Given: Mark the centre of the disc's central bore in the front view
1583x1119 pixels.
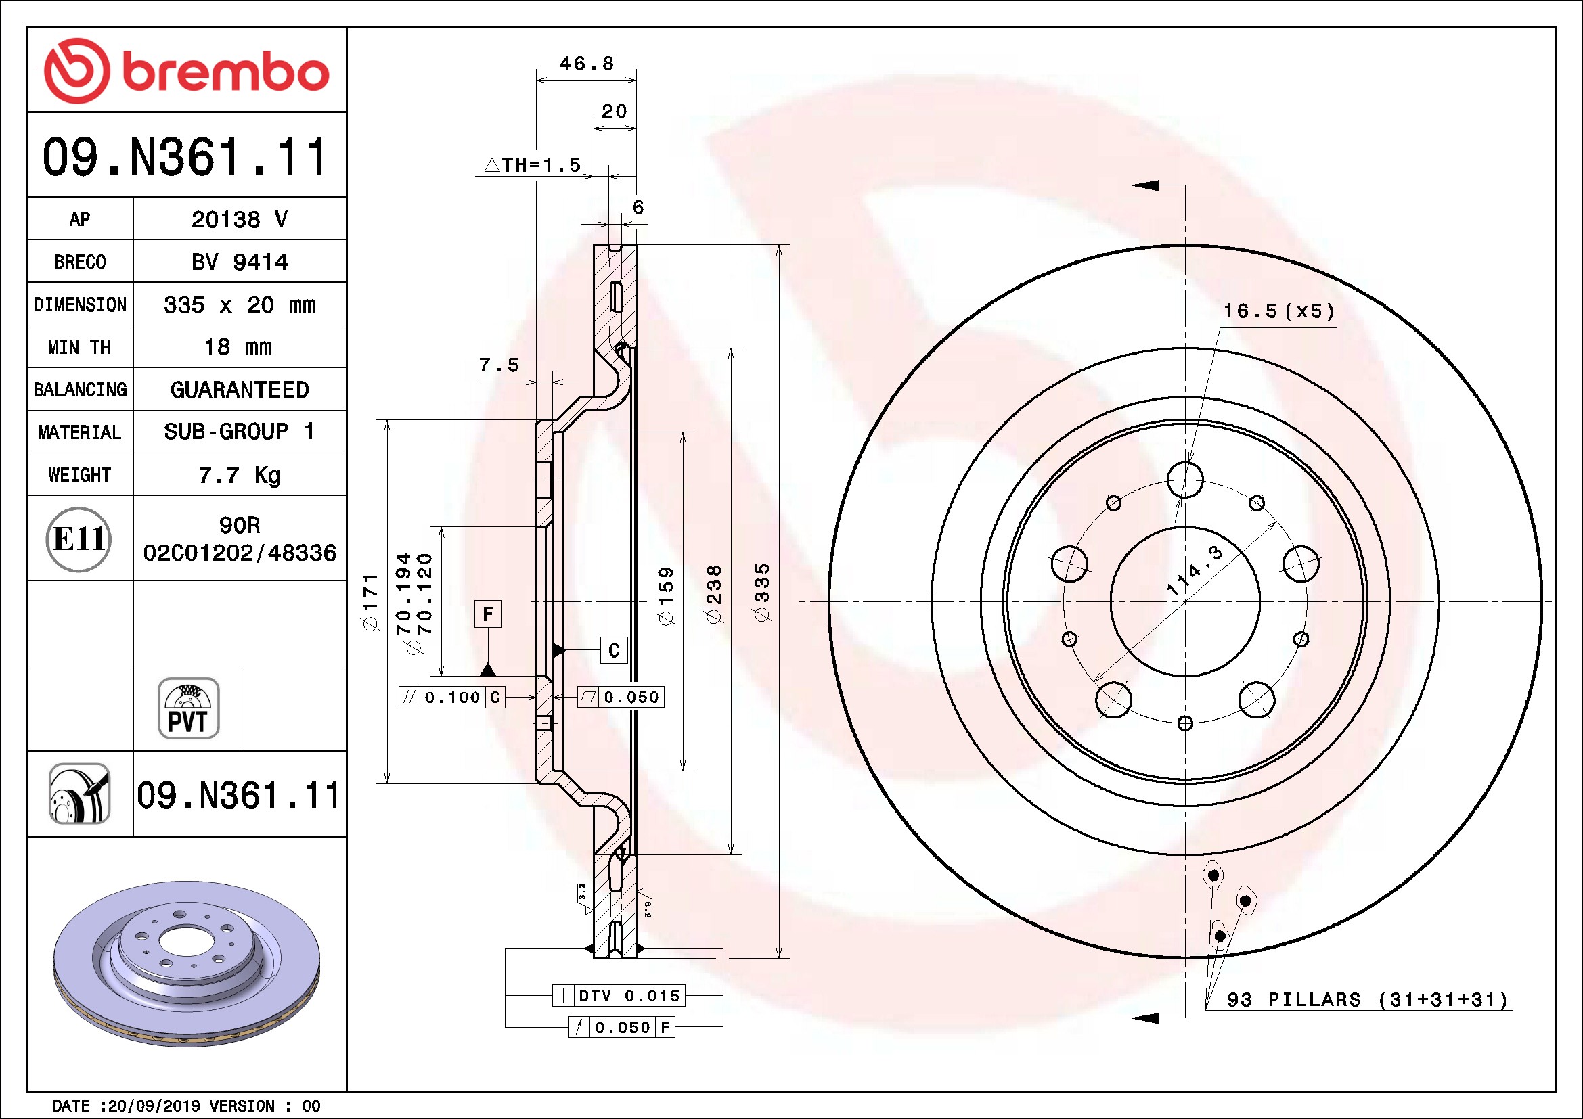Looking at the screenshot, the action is click(x=1185, y=601).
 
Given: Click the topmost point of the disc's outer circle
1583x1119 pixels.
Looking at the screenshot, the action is click(x=1185, y=245).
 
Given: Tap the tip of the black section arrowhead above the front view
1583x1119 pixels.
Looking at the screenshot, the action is click(x=1132, y=185).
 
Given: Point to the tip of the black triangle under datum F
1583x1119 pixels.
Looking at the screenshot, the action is click(x=488, y=663).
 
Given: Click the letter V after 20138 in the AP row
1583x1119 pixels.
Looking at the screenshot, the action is click(x=281, y=219).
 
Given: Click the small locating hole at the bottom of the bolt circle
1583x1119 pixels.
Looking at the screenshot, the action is click(x=1185, y=723).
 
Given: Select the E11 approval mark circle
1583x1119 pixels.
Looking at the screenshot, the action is click(x=79, y=539).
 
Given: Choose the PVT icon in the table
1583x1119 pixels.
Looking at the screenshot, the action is click(x=188, y=708).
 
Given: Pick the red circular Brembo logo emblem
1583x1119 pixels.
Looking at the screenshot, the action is click(x=76, y=71).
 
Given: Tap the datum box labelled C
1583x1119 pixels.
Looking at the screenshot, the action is click(x=614, y=649).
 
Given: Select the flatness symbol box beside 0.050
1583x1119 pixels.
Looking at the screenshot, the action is click(x=588, y=697).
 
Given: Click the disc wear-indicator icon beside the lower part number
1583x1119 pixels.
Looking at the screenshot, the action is click(x=79, y=793).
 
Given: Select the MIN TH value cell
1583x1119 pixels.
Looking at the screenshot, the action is click(x=238, y=346).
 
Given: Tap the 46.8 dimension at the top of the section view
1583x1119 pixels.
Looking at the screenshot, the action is click(x=586, y=64).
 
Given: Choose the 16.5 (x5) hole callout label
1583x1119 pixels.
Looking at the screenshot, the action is click(x=1279, y=311).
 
